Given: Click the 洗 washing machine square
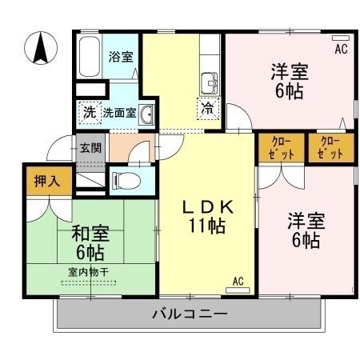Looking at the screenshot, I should pos(89,113).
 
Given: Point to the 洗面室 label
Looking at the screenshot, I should pos(118,113).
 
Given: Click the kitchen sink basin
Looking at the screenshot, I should pos(210,82).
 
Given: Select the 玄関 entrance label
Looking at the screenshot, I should pos(90,147).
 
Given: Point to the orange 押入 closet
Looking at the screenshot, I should pos(40,181).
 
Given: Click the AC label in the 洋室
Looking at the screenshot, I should pos(341,50).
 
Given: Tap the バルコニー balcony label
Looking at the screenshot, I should pos(190,314).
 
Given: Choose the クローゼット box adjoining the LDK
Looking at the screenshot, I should pos(279,148).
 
